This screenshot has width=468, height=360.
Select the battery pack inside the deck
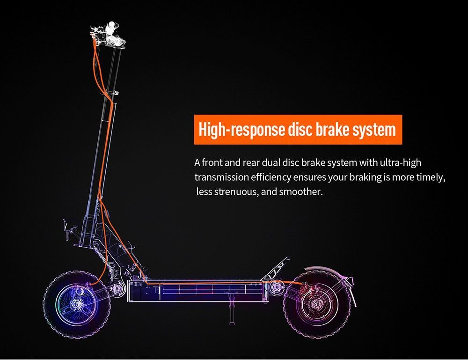[212, 289]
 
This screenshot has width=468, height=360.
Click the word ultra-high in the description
[401, 163]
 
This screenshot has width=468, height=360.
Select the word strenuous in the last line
[236, 191]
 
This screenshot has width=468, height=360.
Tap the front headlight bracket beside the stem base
[69, 229]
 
